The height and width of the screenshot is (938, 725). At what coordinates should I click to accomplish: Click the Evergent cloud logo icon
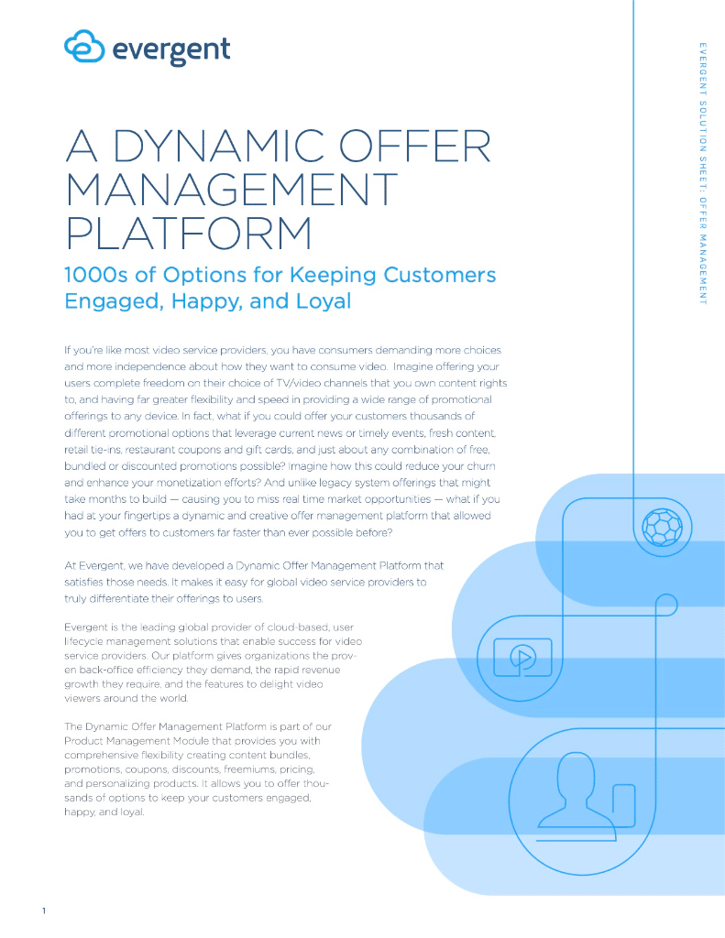point(84,46)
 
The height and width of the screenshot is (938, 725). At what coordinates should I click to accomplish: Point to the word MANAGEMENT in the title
point(231,191)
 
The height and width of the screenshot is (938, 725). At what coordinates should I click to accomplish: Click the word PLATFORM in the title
point(189,232)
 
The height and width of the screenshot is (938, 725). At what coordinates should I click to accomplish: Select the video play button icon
point(522,656)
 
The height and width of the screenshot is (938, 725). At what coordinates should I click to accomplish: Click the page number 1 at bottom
point(43,911)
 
